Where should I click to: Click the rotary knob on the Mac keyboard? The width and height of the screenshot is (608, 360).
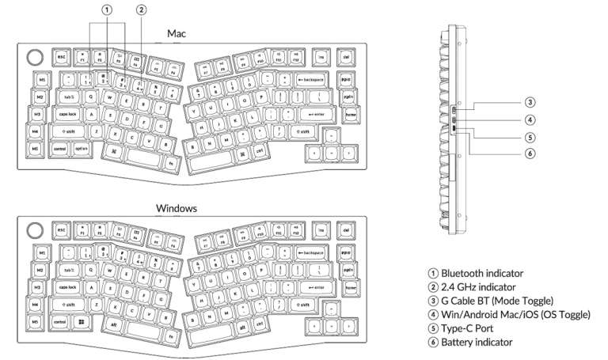33,57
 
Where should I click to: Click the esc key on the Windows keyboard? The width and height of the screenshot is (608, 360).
60,231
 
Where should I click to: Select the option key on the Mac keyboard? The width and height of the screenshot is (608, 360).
82,148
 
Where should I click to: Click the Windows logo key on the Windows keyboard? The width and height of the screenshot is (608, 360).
82,322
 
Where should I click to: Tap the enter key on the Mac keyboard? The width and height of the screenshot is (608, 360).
314,115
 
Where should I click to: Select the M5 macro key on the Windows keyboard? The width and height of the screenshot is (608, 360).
36,322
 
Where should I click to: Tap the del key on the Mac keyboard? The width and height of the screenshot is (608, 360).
347,57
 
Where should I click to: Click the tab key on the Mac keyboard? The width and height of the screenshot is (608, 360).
69,97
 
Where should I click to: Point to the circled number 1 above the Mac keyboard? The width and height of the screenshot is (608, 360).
107,9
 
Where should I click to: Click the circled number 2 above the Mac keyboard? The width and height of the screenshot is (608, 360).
141,9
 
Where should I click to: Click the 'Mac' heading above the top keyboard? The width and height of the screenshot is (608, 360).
177,34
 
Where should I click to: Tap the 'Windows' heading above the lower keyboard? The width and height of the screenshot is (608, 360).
177,208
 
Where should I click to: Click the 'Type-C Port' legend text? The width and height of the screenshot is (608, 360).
468,328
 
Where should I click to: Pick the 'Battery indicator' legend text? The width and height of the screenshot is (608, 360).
477,342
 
